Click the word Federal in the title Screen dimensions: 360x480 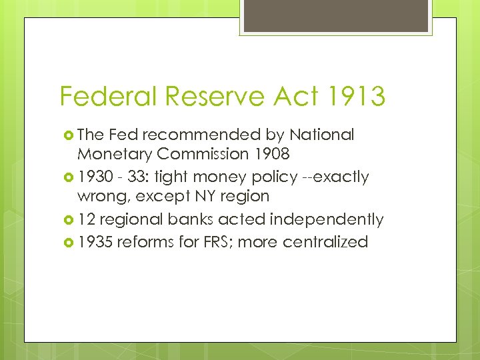pos(106,97)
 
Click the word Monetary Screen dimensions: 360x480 pos(114,154)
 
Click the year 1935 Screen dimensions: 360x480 pos(96,241)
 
